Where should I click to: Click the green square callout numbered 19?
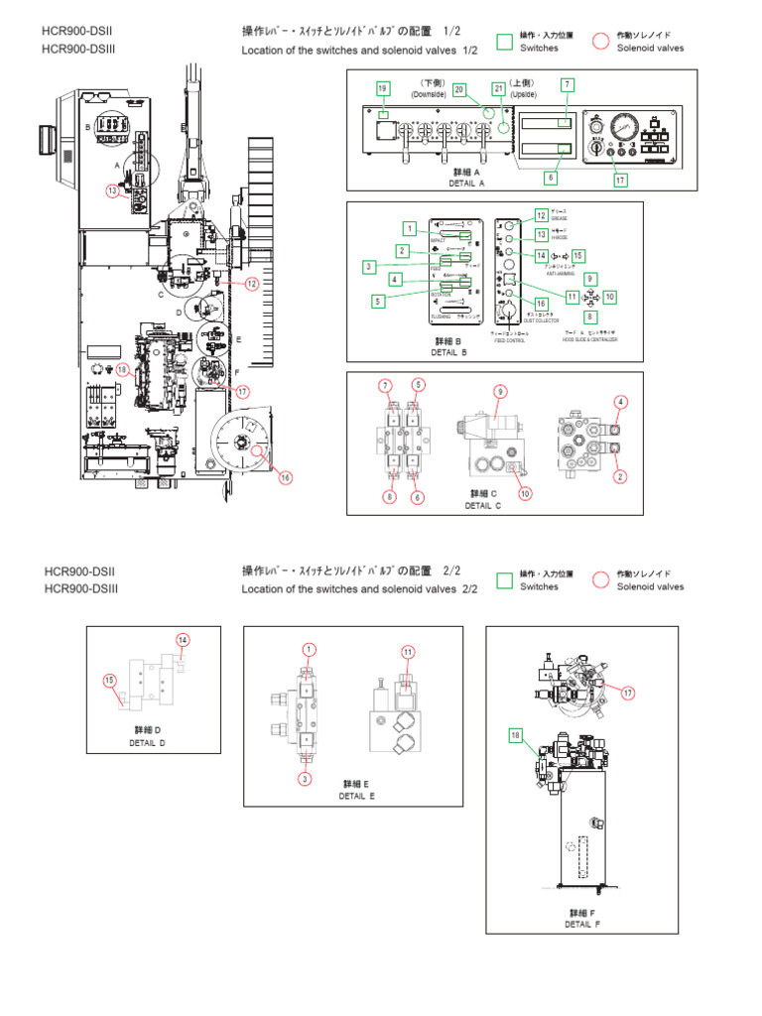tap(383, 89)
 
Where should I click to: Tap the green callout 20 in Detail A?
tap(459, 89)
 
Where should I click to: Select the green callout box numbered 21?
tap(498, 89)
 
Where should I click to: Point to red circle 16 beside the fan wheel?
tap(286, 477)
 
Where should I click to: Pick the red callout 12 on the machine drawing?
tap(252, 284)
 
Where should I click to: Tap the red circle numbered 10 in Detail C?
tap(525, 493)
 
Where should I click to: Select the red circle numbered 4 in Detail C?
tap(621, 402)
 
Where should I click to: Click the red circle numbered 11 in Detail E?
tap(408, 651)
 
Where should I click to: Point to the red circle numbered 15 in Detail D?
tap(110, 680)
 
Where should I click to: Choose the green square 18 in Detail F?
tap(515, 735)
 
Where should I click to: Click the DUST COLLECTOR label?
tap(541, 320)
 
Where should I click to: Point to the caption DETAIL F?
tap(582, 924)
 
